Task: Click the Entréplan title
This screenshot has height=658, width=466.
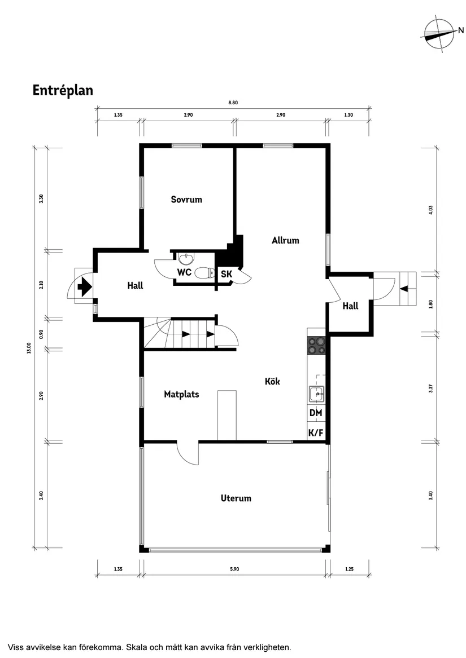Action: pos(62,90)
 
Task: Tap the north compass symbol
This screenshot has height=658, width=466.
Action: pos(439,35)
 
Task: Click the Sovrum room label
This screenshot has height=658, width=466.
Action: pos(186,200)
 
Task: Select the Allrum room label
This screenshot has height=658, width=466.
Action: pos(285,240)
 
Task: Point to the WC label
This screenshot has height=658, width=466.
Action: pos(184,272)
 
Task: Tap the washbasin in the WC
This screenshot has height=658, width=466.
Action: pos(185,258)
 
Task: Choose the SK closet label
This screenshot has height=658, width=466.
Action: pos(227,275)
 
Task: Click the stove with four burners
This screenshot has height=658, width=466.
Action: pos(316,345)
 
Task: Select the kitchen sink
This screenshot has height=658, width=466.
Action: pos(316,394)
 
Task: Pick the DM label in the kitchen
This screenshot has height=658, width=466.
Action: pos(316,413)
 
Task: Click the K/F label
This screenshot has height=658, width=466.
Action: pos(316,433)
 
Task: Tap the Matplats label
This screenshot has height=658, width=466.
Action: pos(181,394)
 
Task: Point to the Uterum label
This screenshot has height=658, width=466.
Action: pos(236,498)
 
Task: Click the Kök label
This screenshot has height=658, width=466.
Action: pos(272,382)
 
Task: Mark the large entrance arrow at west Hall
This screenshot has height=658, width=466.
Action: pos(84,286)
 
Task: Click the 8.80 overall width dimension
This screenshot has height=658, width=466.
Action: pos(233,103)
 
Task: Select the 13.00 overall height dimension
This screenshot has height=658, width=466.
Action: pos(27,350)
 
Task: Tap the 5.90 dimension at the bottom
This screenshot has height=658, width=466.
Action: pos(234,569)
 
